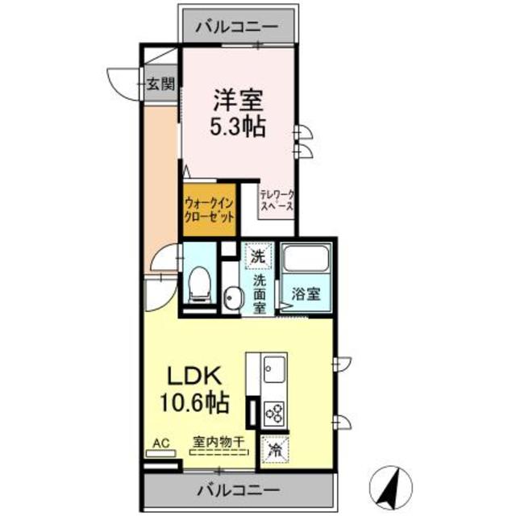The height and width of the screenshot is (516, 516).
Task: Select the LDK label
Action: point(194,376)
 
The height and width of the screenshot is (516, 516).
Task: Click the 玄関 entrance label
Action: point(160,82)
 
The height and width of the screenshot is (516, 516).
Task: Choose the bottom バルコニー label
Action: point(238,489)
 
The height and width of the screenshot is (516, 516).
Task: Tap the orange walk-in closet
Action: point(210,210)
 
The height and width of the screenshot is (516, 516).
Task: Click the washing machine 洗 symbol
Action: point(257,257)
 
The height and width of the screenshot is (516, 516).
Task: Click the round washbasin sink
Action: point(234,298)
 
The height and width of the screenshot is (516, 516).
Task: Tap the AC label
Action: point(160,443)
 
